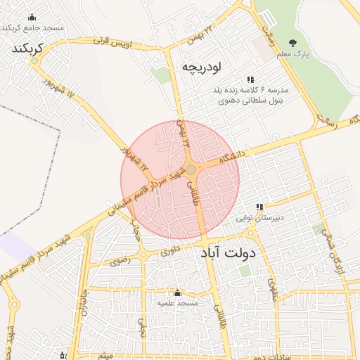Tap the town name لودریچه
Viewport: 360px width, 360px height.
pyautogui.click(x=202, y=67)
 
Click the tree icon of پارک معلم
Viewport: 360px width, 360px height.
pyautogui.click(x=302, y=43)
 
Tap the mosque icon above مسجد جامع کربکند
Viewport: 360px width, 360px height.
pyautogui.click(x=32, y=18)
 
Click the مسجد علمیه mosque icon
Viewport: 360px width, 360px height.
pyautogui.click(x=176, y=292)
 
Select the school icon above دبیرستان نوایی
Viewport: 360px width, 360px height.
pyautogui.click(x=259, y=207)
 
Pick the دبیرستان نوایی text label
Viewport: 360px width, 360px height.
pyautogui.click(x=259, y=219)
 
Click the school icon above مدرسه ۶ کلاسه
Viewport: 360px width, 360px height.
pyautogui.click(x=250, y=79)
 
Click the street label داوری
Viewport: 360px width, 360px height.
pyautogui.click(x=171, y=250)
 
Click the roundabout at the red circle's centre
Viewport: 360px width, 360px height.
pyautogui.click(x=191, y=169)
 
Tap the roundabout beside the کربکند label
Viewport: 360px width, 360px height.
pyautogui.click(x=34, y=61)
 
